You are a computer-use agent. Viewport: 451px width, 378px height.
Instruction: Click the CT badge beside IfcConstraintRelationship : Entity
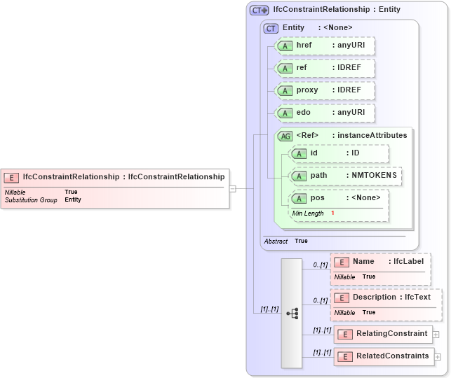(x=260, y=10)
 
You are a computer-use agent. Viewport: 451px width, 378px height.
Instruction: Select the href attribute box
(x=325, y=46)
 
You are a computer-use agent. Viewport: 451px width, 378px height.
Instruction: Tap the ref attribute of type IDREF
(x=325, y=68)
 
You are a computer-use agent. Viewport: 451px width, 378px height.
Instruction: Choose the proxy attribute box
(x=325, y=90)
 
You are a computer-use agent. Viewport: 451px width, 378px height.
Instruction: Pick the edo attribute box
(x=325, y=113)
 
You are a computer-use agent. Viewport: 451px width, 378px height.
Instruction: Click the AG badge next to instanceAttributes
(x=285, y=136)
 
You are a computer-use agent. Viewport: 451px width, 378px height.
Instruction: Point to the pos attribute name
(x=317, y=198)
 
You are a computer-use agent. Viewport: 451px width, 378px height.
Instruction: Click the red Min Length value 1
(x=332, y=213)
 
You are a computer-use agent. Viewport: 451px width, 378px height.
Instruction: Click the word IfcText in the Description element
(x=417, y=297)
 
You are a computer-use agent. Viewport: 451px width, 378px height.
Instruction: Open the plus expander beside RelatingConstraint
(x=436, y=334)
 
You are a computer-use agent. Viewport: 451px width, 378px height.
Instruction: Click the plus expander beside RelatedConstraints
(x=438, y=356)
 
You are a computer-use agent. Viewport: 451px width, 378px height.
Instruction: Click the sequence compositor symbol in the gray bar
(x=292, y=313)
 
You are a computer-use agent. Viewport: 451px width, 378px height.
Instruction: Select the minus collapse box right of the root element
(x=233, y=188)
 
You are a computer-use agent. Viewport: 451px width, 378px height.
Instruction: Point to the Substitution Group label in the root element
(x=31, y=200)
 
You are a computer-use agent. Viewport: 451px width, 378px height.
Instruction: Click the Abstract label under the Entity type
(x=276, y=241)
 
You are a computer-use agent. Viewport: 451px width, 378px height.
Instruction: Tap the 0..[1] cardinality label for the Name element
(x=320, y=265)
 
